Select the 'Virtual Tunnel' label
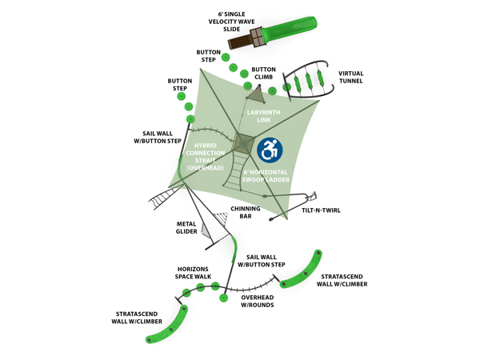coord(351,76)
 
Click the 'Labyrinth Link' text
coord(263,116)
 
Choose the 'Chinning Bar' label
coord(245,212)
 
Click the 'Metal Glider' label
coord(186,228)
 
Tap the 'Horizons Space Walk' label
coord(194,272)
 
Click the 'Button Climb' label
coord(263,74)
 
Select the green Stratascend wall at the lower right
coord(304,270)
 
